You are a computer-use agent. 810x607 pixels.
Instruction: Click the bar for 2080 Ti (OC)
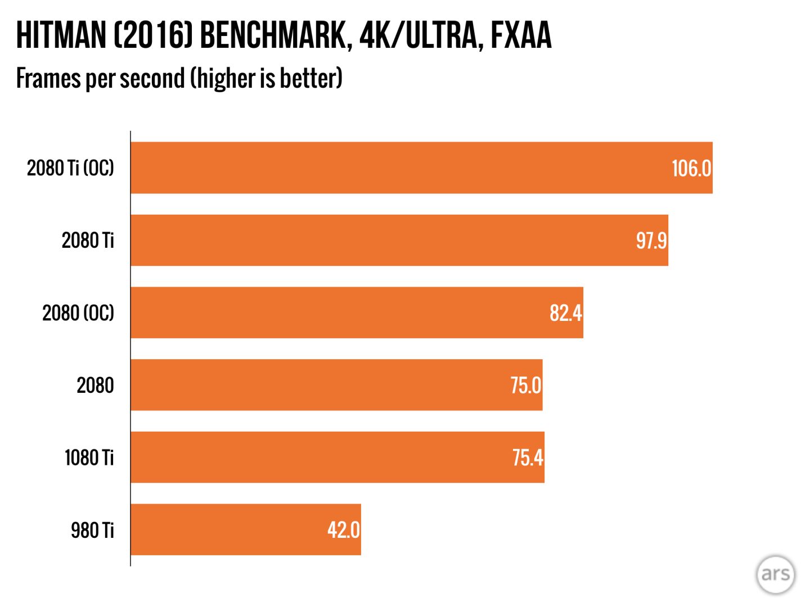[394, 167]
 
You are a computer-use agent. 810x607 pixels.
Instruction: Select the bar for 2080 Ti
[371, 240]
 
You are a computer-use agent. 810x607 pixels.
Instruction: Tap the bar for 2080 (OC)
[337, 312]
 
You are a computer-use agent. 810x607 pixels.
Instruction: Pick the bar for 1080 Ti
[315, 457]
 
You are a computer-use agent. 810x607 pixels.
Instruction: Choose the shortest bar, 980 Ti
[225, 529]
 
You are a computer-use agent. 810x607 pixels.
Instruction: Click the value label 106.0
[691, 168]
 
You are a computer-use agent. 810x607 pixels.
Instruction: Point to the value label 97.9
[651, 241]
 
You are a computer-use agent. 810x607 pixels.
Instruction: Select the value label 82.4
[565, 313]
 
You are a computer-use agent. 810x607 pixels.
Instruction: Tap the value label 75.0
[525, 386]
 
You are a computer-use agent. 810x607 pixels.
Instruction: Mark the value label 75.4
[528, 457]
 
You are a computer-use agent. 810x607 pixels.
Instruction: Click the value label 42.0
[343, 530]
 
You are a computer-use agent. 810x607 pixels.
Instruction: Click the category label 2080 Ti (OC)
[70, 168]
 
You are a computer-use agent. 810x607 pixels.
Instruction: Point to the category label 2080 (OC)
[78, 313]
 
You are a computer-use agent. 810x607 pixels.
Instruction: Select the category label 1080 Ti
[89, 457]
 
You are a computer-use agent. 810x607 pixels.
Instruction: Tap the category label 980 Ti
[92, 530]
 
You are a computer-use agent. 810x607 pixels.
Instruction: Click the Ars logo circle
[775, 574]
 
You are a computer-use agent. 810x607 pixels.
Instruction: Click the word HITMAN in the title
[61, 35]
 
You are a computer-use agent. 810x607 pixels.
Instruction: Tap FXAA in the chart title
[521, 35]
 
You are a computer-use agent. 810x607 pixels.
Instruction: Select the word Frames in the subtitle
[48, 78]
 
